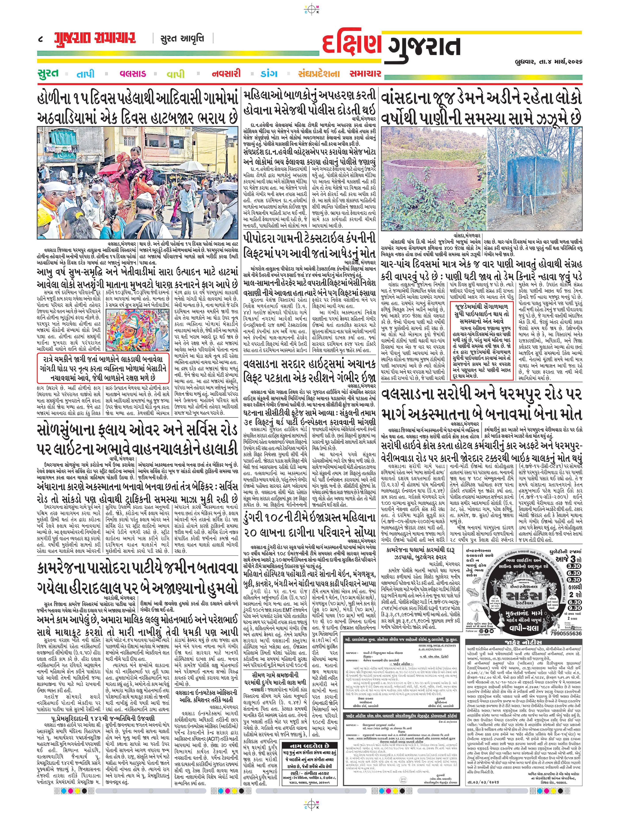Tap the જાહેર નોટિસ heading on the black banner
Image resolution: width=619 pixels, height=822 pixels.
[x=524, y=642]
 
